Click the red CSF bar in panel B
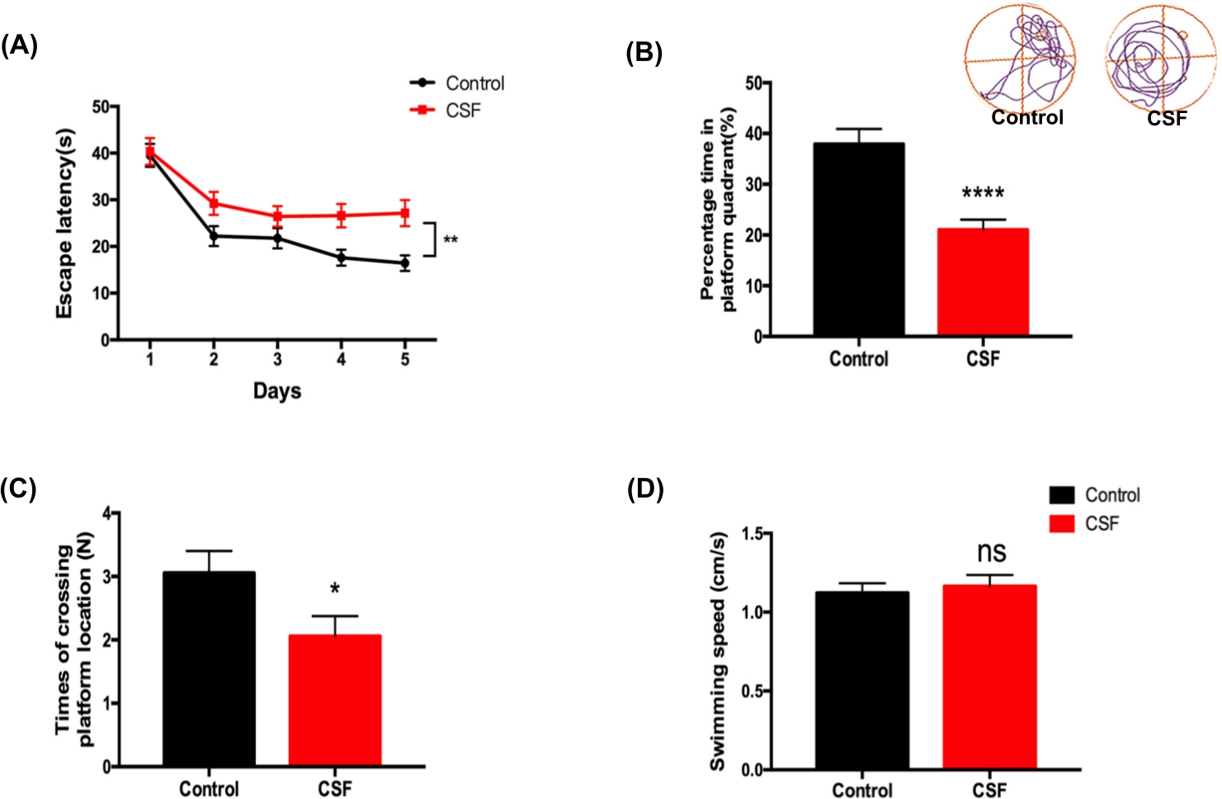(983, 281)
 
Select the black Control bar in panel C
(209, 669)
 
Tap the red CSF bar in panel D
(989, 677)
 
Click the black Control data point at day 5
(404, 263)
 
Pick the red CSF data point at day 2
(214, 203)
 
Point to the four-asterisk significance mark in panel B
(983, 194)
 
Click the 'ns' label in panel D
(991, 552)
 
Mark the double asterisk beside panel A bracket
(451, 240)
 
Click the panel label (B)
(644, 53)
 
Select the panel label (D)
(645, 489)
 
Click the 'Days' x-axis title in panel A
(276, 390)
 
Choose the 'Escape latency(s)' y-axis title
(64, 223)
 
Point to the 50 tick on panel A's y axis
(101, 106)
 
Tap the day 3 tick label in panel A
(277, 359)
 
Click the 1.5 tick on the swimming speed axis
(752, 534)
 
